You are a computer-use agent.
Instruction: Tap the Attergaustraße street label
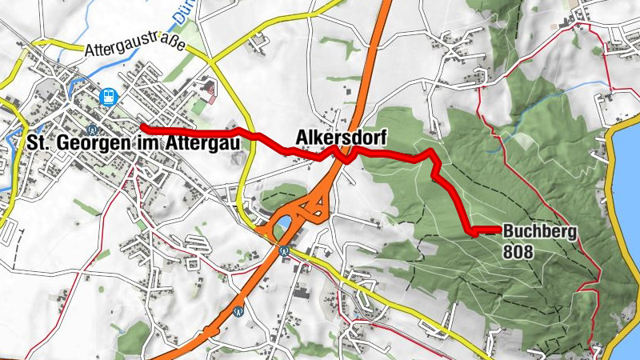pyautogui.click(x=134, y=47)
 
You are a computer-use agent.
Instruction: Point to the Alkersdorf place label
pyautogui.click(x=336, y=136)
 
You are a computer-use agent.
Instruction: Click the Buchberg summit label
pyautogui.click(x=540, y=233)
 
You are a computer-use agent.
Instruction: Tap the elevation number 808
pyautogui.click(x=518, y=250)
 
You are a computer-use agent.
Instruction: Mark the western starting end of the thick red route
pyautogui.click(x=142, y=126)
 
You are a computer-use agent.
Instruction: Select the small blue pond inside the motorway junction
pyautogui.click(x=280, y=227)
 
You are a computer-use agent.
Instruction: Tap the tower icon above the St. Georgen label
pyautogui.click(x=94, y=126)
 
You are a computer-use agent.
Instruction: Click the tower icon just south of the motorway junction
pyautogui.click(x=284, y=250)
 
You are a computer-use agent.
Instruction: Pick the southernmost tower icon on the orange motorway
pyautogui.click(x=238, y=312)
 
